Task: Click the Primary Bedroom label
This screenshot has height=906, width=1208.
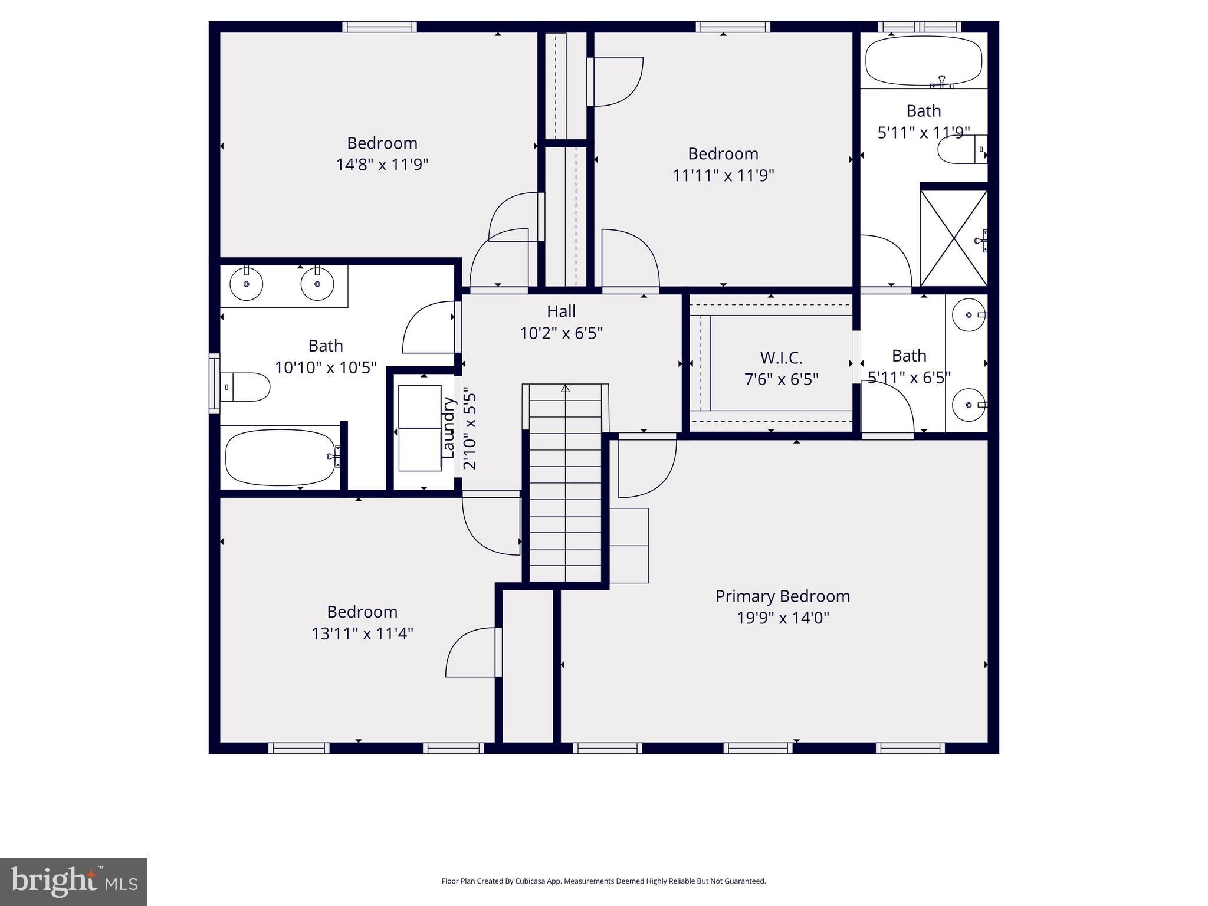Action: [782, 596]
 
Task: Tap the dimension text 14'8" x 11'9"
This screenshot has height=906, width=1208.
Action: [382, 165]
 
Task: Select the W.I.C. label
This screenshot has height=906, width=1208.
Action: [781, 357]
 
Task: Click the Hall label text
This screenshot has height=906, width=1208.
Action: [561, 311]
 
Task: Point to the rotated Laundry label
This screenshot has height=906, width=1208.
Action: [449, 428]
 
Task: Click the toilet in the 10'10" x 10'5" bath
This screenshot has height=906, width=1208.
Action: [247, 387]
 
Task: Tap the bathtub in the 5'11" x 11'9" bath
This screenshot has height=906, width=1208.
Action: [923, 61]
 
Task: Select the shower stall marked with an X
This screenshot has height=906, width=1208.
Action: [953, 238]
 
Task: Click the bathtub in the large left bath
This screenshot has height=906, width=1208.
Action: [280, 457]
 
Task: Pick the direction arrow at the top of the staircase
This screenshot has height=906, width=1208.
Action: [565, 388]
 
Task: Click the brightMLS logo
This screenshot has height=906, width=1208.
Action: [74, 881]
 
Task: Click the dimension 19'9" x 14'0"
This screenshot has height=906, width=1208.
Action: [782, 618]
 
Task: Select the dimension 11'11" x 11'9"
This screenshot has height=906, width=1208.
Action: [723, 176]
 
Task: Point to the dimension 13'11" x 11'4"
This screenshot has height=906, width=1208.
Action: [362, 633]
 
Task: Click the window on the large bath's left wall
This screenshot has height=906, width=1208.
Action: [214, 383]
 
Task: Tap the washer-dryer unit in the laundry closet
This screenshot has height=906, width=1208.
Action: [419, 428]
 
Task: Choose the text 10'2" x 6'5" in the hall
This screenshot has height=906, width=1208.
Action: [561, 333]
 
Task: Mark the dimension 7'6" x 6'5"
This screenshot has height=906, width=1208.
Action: [781, 379]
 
